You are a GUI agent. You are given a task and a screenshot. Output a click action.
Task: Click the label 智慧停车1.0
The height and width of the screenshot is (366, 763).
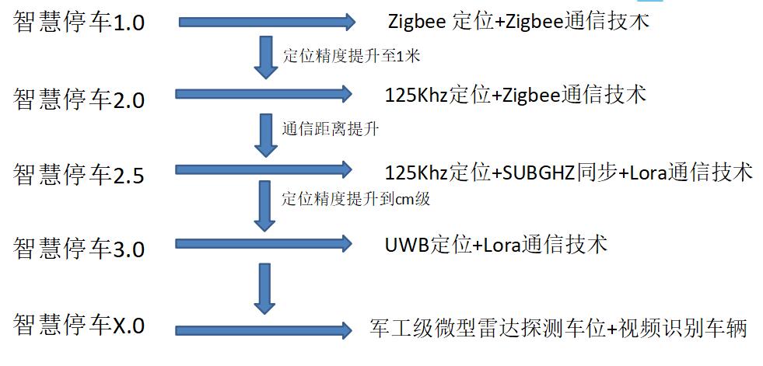pos(79,22)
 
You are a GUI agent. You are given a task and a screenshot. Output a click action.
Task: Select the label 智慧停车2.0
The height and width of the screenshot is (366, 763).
pos(79,99)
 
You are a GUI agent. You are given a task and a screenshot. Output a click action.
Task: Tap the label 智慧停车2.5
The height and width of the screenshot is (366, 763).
pos(79,174)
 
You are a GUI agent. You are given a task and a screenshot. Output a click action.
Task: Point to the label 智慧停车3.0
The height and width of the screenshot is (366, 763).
pos(79,249)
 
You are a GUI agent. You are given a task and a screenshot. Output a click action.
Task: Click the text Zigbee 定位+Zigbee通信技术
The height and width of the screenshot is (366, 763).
pos(518,21)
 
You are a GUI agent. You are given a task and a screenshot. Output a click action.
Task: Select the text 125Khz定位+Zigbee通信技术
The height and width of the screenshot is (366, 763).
pos(516,95)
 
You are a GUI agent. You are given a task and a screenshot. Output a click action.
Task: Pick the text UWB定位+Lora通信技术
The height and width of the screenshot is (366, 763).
pos(495,246)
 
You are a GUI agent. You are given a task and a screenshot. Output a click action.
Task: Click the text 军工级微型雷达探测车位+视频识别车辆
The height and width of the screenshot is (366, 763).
pos(558,328)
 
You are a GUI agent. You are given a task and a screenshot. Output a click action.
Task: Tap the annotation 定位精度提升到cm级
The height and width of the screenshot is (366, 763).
pos(355,199)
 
